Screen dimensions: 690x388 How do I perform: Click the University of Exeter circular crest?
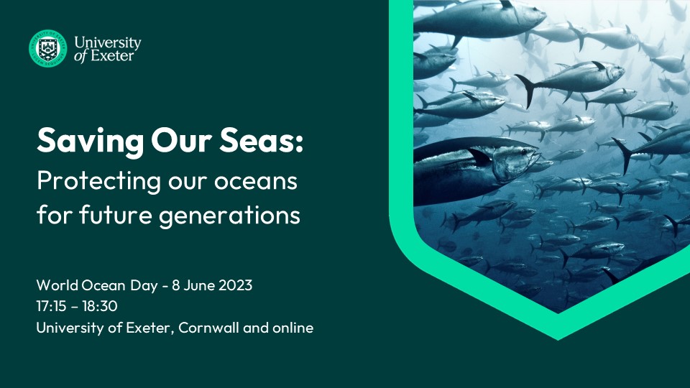pos(48,48)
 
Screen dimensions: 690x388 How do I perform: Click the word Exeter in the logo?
pos(112,56)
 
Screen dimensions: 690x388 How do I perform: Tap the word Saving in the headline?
pos(91,142)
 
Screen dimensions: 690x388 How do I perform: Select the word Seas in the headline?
pos(256,140)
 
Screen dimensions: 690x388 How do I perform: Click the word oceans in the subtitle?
pos(256,182)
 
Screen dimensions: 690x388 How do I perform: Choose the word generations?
pos(229,216)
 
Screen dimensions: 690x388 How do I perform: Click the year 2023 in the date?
pos(236,285)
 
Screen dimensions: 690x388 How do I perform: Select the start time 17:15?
pos(52,306)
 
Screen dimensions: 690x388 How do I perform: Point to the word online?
pos(293,328)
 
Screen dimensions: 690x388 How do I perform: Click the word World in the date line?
pos(57,285)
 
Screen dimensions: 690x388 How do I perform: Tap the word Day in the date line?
pos(144,286)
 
